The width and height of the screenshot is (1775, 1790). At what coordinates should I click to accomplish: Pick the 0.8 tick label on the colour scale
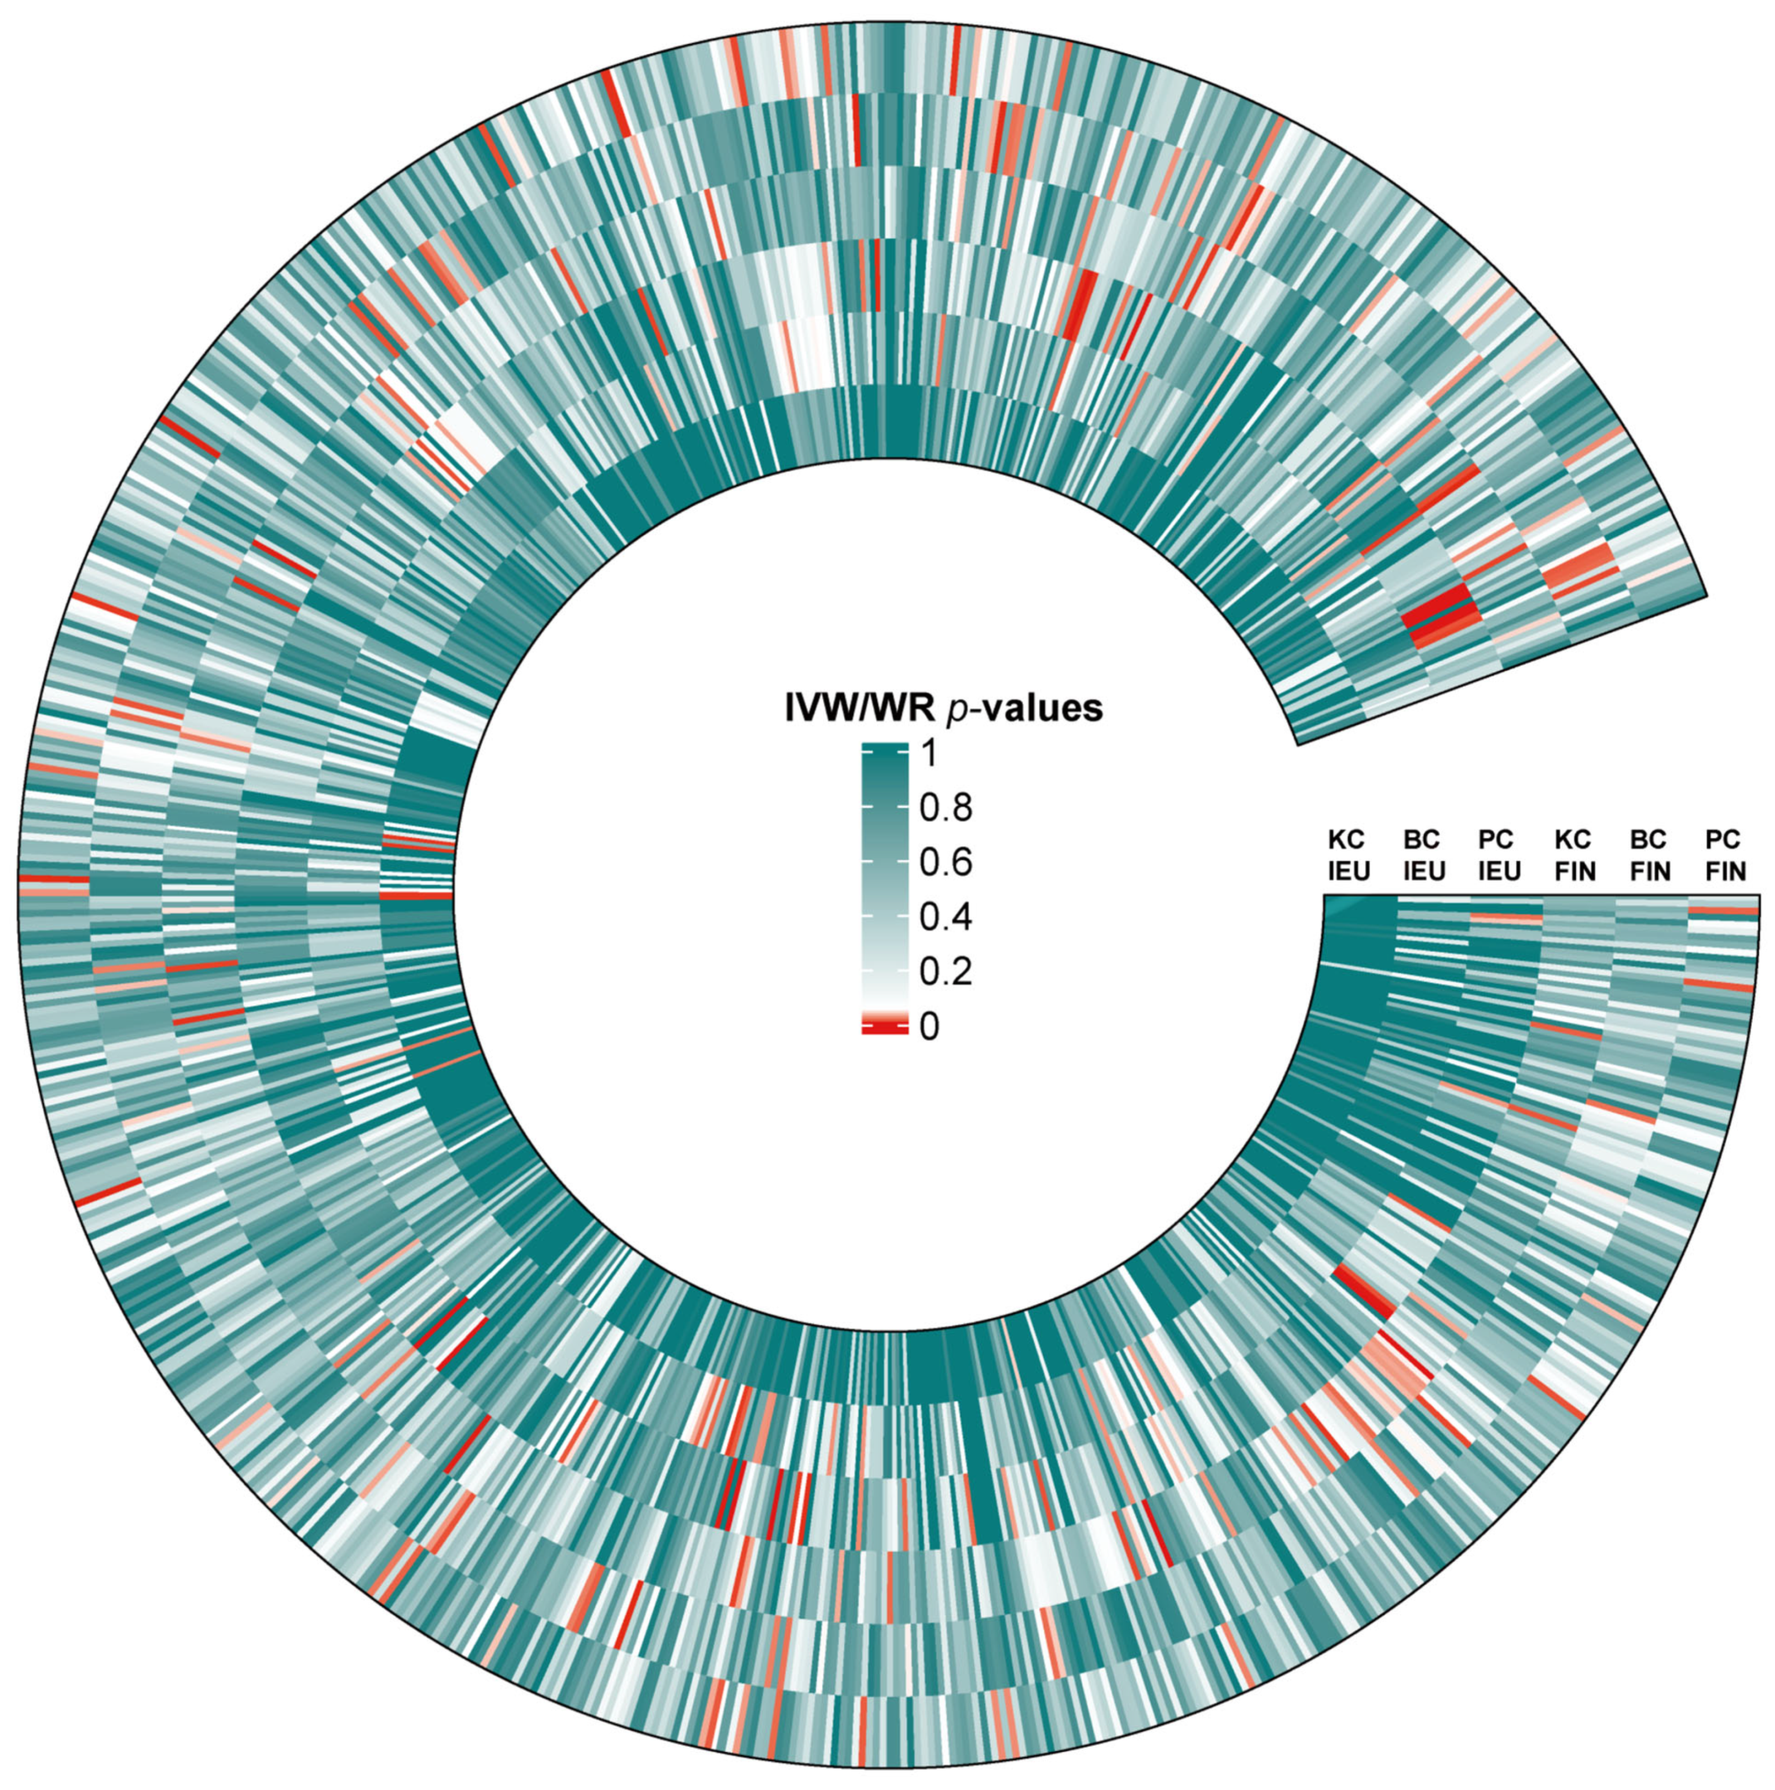click(x=945, y=809)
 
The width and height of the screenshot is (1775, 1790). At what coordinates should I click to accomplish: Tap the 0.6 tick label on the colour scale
click(x=945, y=863)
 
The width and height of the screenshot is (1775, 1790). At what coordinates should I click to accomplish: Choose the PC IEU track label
click(x=1498, y=855)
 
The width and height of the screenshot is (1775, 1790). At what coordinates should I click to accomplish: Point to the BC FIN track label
click(x=1649, y=855)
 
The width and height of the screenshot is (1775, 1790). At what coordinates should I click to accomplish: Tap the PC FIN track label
click(x=1724, y=855)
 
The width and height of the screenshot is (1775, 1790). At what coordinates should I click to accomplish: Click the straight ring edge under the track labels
click(x=1538, y=895)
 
